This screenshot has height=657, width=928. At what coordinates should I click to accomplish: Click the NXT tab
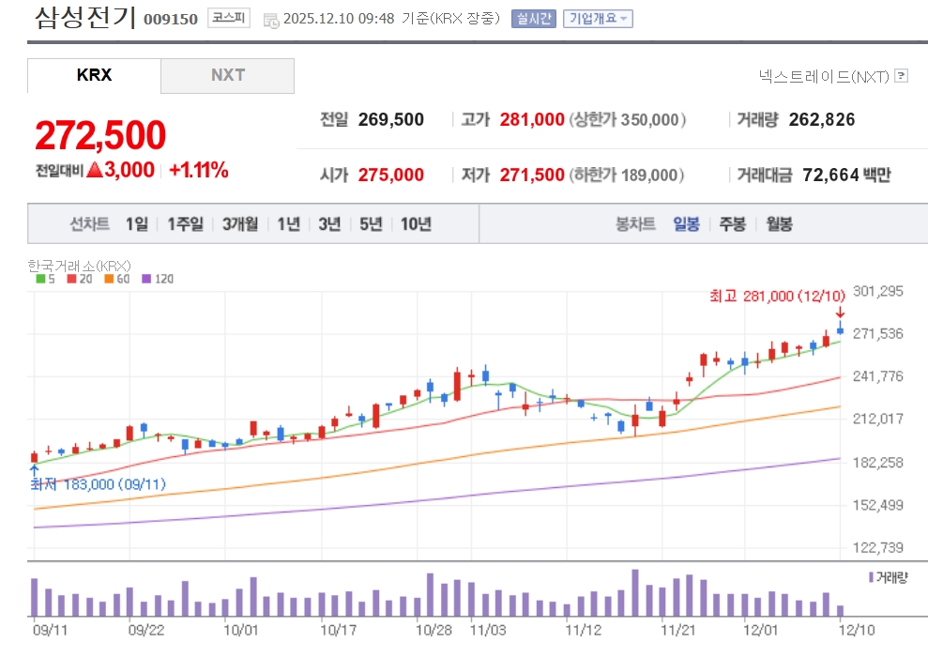[227, 75]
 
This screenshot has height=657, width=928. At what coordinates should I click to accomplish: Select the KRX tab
[94, 75]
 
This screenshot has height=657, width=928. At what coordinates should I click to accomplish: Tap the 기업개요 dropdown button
[598, 19]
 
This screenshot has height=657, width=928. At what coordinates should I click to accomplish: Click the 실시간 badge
[534, 19]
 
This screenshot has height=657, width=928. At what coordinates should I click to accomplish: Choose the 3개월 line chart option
[240, 224]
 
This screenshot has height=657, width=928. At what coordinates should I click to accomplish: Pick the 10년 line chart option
[416, 224]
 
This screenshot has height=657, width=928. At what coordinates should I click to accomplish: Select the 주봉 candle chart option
[733, 224]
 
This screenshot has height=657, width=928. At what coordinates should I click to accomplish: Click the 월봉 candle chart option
[780, 224]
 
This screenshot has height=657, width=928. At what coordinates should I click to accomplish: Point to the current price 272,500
[100, 136]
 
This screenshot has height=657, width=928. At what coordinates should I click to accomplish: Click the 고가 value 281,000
[532, 120]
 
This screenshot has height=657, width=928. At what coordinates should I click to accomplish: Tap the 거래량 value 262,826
[822, 120]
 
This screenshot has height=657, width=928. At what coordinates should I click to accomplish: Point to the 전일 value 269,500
[390, 120]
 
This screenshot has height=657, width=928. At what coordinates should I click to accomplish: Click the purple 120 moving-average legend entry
[158, 279]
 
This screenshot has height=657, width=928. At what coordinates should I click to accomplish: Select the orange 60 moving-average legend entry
[117, 279]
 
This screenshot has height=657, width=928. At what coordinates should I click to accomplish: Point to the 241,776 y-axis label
[876, 376]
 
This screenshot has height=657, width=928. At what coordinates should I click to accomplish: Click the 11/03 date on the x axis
[488, 629]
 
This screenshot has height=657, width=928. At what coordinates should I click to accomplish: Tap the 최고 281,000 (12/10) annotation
[777, 297]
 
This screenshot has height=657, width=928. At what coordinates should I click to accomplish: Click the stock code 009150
[171, 20]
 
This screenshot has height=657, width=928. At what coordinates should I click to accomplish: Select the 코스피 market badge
[229, 19]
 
